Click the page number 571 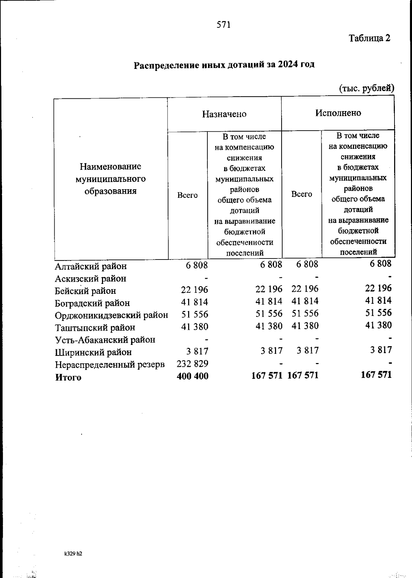click(224, 25)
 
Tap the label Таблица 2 click(369, 38)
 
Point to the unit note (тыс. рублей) click(366, 88)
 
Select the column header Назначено click(224, 114)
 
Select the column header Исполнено click(338, 113)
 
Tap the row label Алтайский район click(91, 266)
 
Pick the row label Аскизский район click(91, 278)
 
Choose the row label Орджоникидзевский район click(112, 315)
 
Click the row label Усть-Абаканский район click(105, 340)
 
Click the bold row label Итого click(68, 377)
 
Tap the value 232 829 click(192, 363)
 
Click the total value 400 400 click(192, 376)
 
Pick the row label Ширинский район click(93, 352)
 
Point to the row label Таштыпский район click(95, 327)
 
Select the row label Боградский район click(92, 303)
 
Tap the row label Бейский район click(85, 291)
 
